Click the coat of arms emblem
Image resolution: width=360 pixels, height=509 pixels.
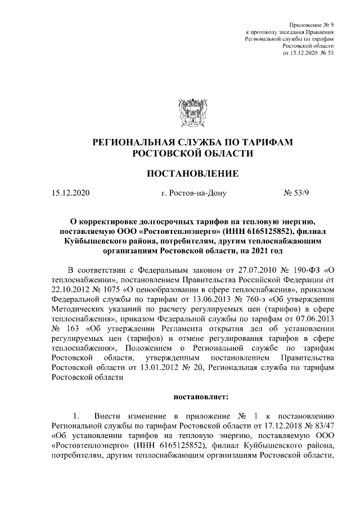(x=193, y=112)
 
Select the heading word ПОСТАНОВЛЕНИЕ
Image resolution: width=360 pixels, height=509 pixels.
(x=193, y=173)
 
